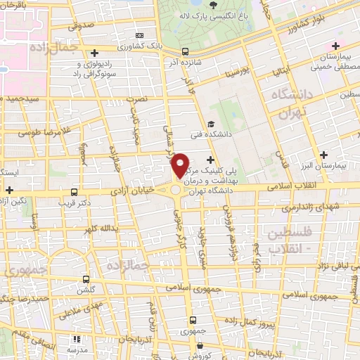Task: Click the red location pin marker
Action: [181, 165]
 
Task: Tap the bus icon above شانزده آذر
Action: [186, 51]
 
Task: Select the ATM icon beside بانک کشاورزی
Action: [139, 35]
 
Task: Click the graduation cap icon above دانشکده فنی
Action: [210, 124]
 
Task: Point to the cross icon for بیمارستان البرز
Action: [323, 155]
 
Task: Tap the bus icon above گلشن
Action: [86, 280]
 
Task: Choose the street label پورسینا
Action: [232, 73]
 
